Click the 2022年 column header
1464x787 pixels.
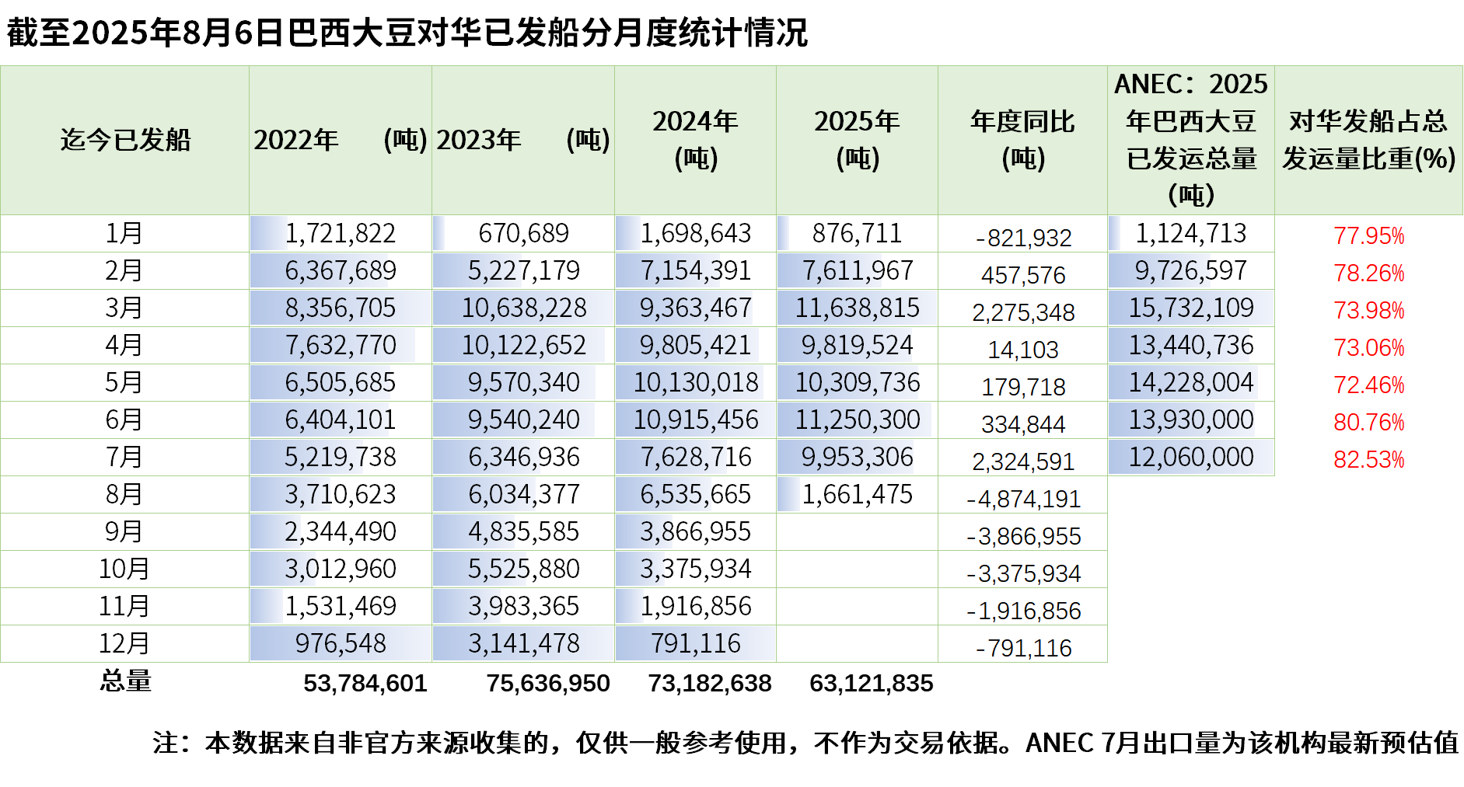point(340,140)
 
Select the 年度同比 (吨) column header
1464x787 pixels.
point(1022,140)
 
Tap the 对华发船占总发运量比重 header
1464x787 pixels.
point(1368,140)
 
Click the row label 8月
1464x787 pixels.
point(124,494)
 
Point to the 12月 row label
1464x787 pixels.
point(124,643)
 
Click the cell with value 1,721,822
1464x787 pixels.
point(340,233)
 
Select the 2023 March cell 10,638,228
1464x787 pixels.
point(523,308)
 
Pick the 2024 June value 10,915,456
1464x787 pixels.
point(695,420)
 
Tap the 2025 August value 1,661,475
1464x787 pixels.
point(857,494)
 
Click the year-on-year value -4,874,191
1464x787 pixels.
point(1023,499)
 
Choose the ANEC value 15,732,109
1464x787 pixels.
point(1191,308)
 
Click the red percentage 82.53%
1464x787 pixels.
point(1368,459)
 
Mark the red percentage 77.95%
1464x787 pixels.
point(1368,235)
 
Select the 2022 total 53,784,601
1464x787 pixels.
point(365,683)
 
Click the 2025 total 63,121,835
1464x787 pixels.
point(871,683)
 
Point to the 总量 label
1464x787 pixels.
point(125,681)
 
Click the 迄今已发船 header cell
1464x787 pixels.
point(125,140)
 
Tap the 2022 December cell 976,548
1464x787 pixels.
point(340,643)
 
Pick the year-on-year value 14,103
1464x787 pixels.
point(1023,350)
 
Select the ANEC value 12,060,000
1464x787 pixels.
point(1191,457)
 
